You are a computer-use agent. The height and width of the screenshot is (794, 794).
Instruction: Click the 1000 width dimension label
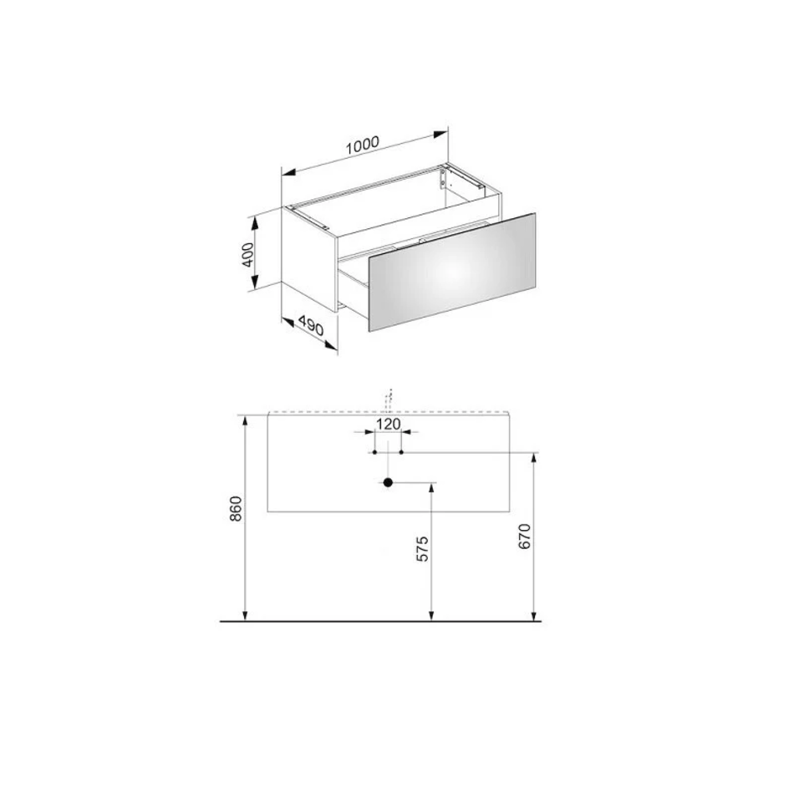tap(362, 145)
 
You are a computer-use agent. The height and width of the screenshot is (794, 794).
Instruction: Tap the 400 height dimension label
tap(247, 255)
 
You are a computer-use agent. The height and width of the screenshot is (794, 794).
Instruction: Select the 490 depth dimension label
tap(310, 325)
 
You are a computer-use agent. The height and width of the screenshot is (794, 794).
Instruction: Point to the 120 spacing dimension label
tap(389, 424)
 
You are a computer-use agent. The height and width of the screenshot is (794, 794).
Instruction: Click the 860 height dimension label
tap(237, 509)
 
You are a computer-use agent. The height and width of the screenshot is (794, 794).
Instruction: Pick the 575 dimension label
tap(422, 548)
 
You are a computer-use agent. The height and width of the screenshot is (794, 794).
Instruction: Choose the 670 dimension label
tap(524, 537)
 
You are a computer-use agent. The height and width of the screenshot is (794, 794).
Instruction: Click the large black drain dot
tap(388, 482)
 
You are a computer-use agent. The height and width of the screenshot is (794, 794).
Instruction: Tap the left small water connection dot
tap(374, 452)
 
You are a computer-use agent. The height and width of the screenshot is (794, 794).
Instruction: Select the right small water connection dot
tap(401, 452)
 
